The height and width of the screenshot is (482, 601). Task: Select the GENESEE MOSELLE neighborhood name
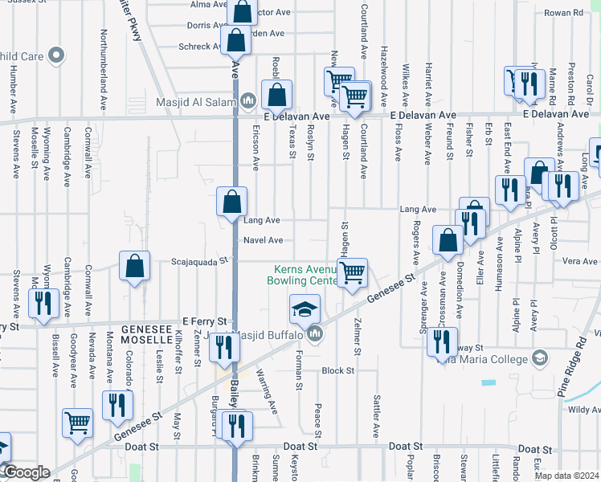pyautogui.click(x=153, y=335)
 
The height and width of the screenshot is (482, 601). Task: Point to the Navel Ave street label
pyautogui.click(x=264, y=240)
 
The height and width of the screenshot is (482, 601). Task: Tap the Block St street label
pyautogui.click(x=337, y=370)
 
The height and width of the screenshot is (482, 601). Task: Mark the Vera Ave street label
pyautogui.click(x=580, y=261)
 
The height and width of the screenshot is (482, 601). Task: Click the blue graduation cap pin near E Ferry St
pyautogui.click(x=305, y=309)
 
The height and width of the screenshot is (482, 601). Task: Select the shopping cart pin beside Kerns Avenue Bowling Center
pyautogui.click(x=352, y=273)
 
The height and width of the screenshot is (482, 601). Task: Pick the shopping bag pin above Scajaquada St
pyautogui.click(x=135, y=266)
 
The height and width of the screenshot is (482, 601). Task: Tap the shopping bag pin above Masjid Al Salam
pyautogui.click(x=276, y=95)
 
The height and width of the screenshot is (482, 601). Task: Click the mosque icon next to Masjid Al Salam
pyautogui.click(x=248, y=101)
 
